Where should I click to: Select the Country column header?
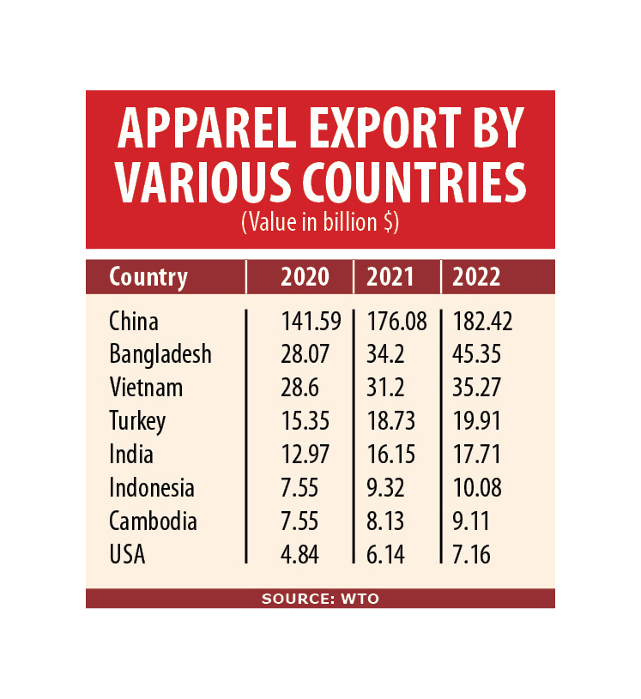click(x=148, y=277)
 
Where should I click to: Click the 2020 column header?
click(x=305, y=277)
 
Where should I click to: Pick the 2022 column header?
click(x=476, y=277)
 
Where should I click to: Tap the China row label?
click(x=134, y=322)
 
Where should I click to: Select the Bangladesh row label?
click(x=160, y=353)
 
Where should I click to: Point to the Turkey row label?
click(x=137, y=421)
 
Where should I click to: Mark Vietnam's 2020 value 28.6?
click(x=299, y=387)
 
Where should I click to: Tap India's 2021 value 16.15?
click(x=391, y=455)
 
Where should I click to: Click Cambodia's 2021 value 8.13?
click(x=387, y=521)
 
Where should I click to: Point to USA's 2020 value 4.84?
click(x=299, y=555)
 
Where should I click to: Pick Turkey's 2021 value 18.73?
click(x=391, y=421)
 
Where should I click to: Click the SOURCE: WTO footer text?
click(x=320, y=599)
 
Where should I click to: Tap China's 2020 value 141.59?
click(x=311, y=322)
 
